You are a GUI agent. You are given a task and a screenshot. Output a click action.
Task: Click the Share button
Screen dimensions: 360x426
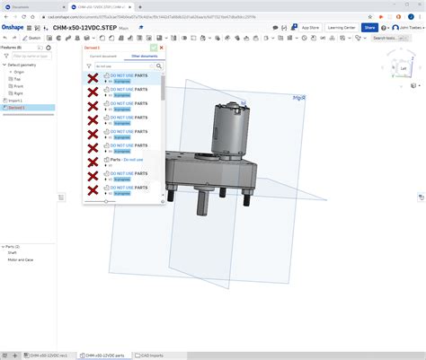point(369,28)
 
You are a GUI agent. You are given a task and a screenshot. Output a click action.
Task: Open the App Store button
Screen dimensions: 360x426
point(310,28)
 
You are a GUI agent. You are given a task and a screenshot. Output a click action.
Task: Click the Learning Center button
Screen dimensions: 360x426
point(342,28)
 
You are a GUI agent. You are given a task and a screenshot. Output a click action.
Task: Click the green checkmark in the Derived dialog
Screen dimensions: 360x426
point(154,47)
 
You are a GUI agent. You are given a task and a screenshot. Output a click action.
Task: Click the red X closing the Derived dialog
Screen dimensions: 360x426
point(161,47)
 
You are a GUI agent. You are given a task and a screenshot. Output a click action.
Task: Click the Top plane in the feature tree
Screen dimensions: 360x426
point(18,79)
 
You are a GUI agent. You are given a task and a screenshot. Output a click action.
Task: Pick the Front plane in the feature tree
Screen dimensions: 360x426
point(19,86)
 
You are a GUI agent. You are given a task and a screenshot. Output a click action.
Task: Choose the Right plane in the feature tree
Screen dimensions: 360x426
point(19,93)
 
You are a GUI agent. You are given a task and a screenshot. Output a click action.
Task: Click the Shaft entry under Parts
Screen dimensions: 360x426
point(13,253)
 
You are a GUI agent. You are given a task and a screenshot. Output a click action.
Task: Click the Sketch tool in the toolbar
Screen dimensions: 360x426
point(33,38)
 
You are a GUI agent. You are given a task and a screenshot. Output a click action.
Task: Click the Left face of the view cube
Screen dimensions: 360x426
point(403,68)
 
